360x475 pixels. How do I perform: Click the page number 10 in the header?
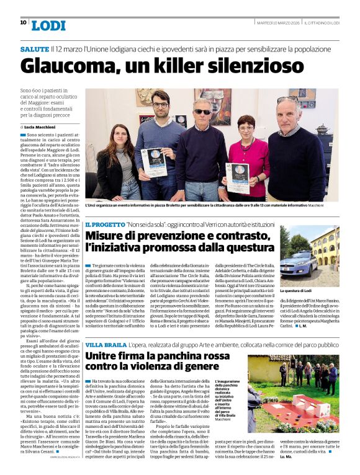(23, 22)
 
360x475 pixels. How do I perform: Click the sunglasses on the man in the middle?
(203, 112)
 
